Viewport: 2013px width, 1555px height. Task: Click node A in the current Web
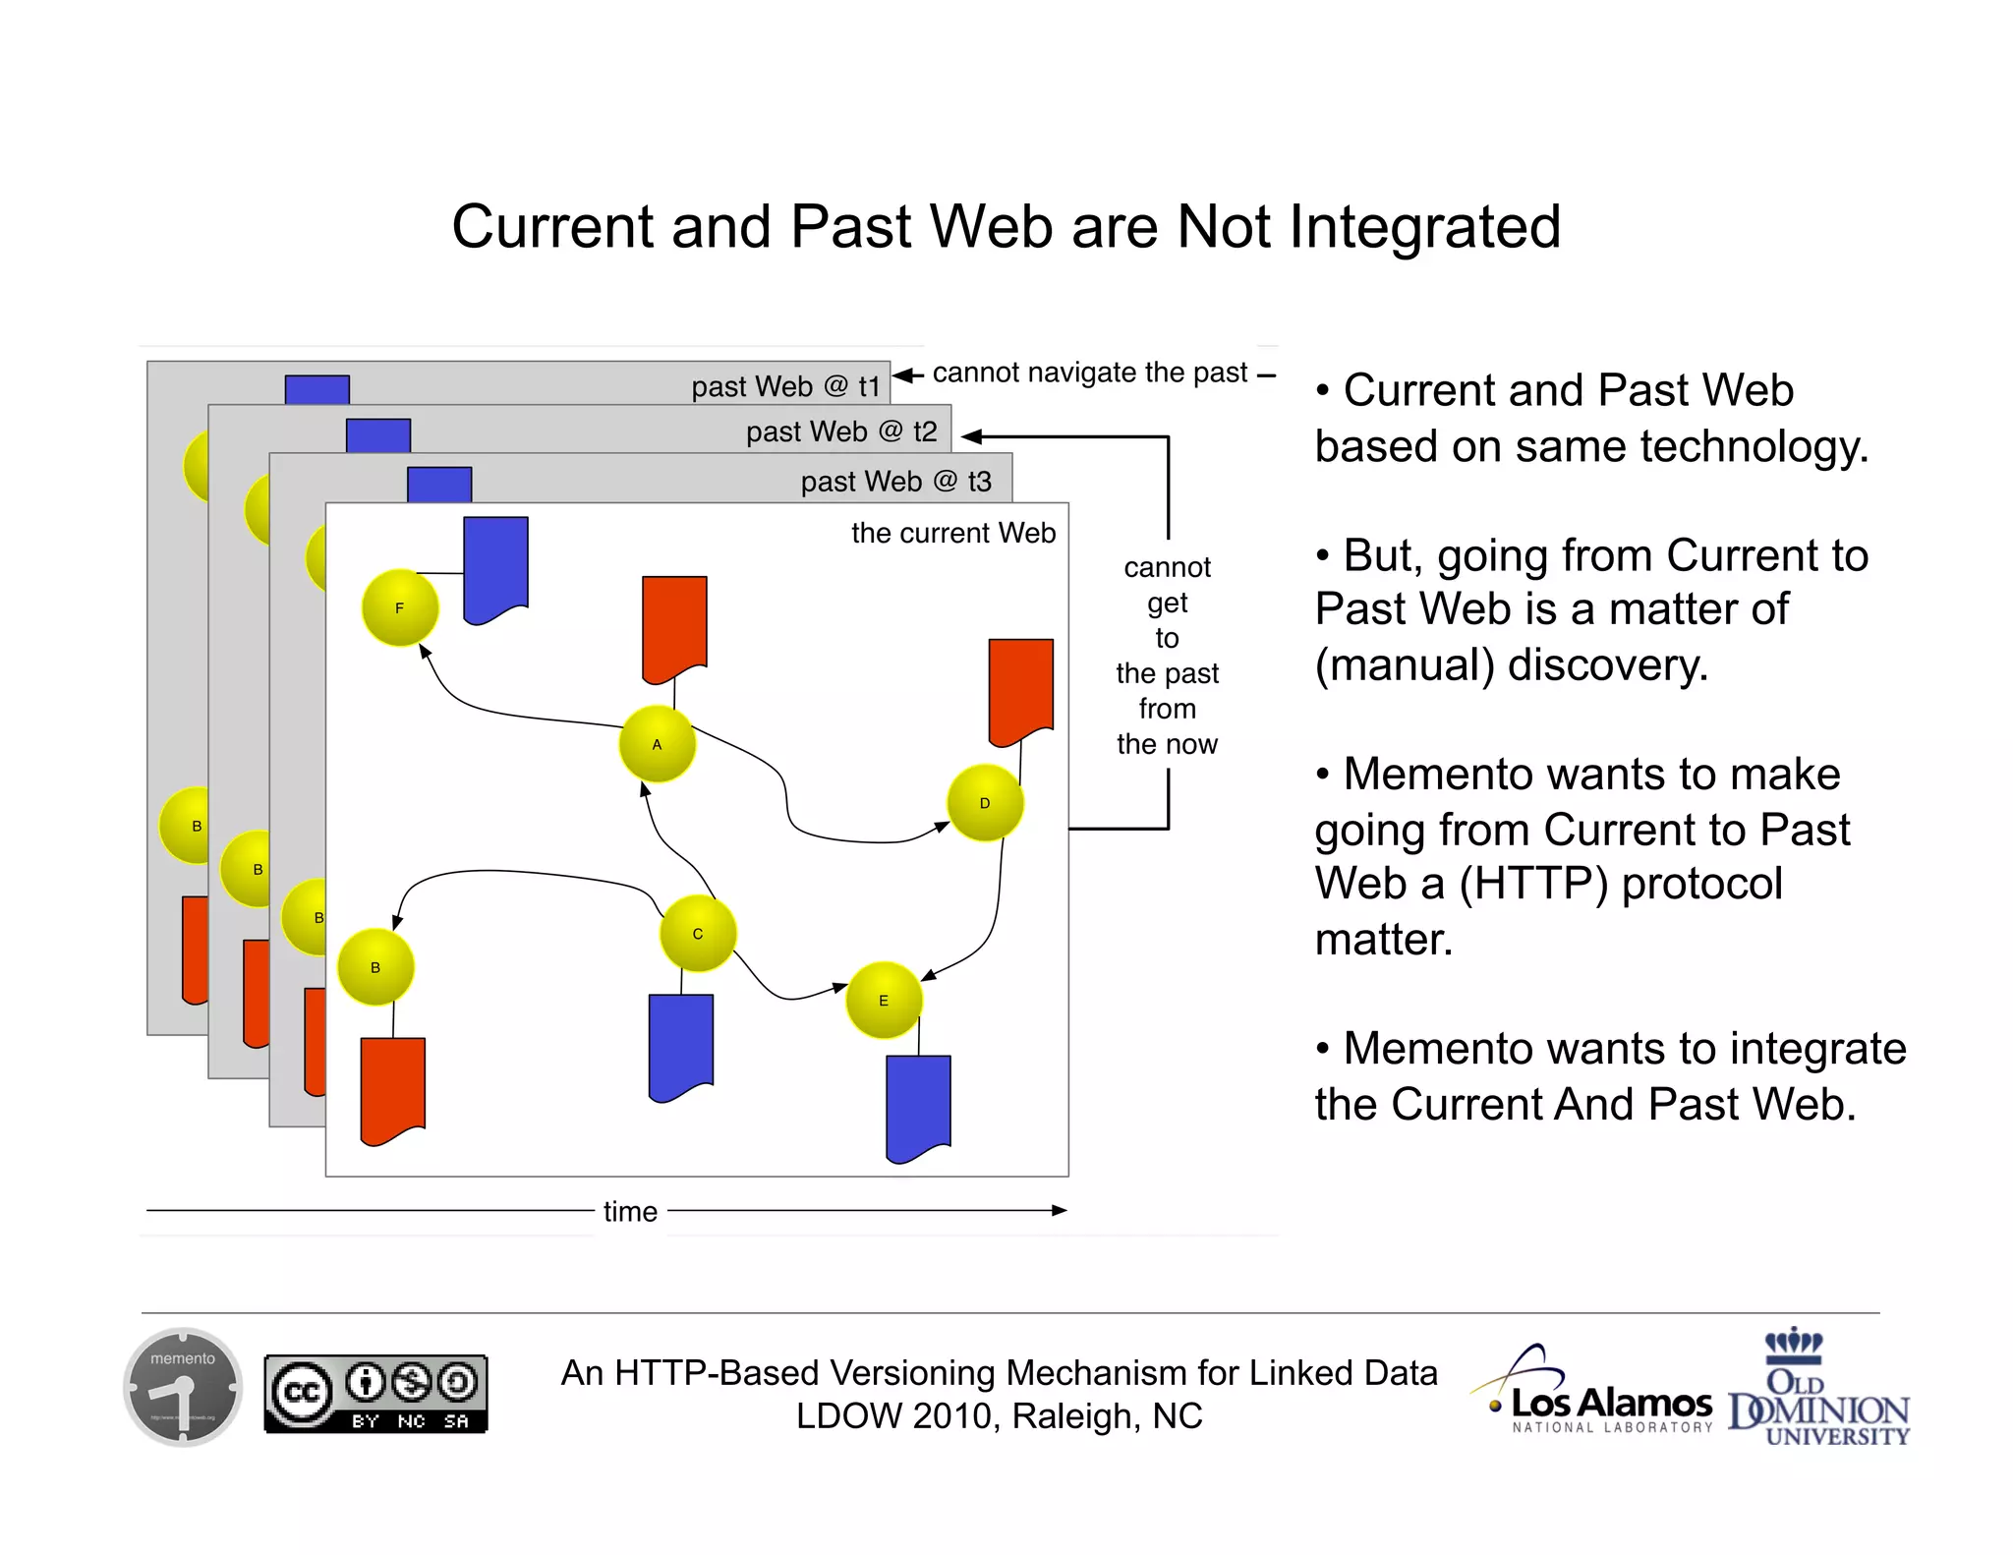[658, 744]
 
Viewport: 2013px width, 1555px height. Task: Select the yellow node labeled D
[985, 803]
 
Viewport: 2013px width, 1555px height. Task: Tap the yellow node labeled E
[884, 1001]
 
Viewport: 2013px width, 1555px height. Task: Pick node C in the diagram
[698, 933]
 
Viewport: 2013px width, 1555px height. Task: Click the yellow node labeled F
[400, 608]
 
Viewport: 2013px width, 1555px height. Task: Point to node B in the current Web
[375, 967]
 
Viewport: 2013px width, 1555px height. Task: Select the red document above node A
[674, 626]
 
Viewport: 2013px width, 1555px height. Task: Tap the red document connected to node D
[1020, 689]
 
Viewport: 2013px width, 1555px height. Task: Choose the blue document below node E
[918, 1105]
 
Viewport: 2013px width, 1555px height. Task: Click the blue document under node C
[681, 1044]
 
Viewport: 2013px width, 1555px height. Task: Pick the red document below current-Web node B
[393, 1087]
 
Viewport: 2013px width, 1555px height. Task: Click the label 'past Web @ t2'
[841, 432]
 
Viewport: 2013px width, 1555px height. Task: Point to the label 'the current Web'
[952, 533]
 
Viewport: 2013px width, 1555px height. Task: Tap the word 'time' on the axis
[630, 1211]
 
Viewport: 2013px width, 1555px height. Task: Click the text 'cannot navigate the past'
[1089, 374]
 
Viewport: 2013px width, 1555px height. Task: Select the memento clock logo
[183, 1387]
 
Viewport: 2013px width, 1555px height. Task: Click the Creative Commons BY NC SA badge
[375, 1394]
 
